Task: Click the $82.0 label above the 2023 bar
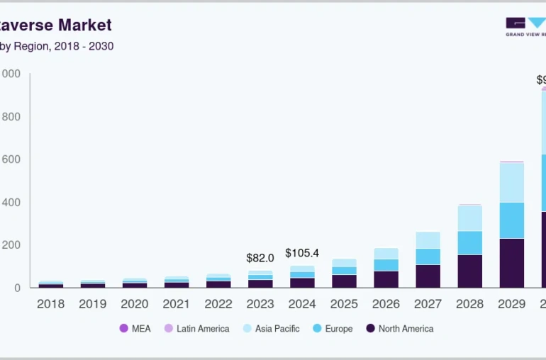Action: pyautogui.click(x=260, y=259)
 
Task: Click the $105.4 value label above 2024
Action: pyautogui.click(x=302, y=253)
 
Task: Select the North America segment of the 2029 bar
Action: pyautogui.click(x=512, y=262)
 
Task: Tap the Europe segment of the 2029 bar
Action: pyautogui.click(x=512, y=220)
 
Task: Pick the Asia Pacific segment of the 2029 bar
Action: pyautogui.click(x=512, y=182)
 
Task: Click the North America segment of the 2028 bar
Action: pyautogui.click(x=470, y=271)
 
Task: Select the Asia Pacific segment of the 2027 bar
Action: pyautogui.click(x=428, y=240)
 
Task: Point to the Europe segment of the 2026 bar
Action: pyautogui.click(x=386, y=265)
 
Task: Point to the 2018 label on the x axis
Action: pyautogui.click(x=50, y=304)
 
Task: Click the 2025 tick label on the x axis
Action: pyautogui.click(x=344, y=304)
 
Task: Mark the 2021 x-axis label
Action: pyautogui.click(x=177, y=304)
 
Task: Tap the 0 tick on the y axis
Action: pyautogui.click(x=16, y=288)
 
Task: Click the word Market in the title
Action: pyautogui.click(x=85, y=26)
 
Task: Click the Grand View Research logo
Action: pyautogui.click(x=525, y=26)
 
